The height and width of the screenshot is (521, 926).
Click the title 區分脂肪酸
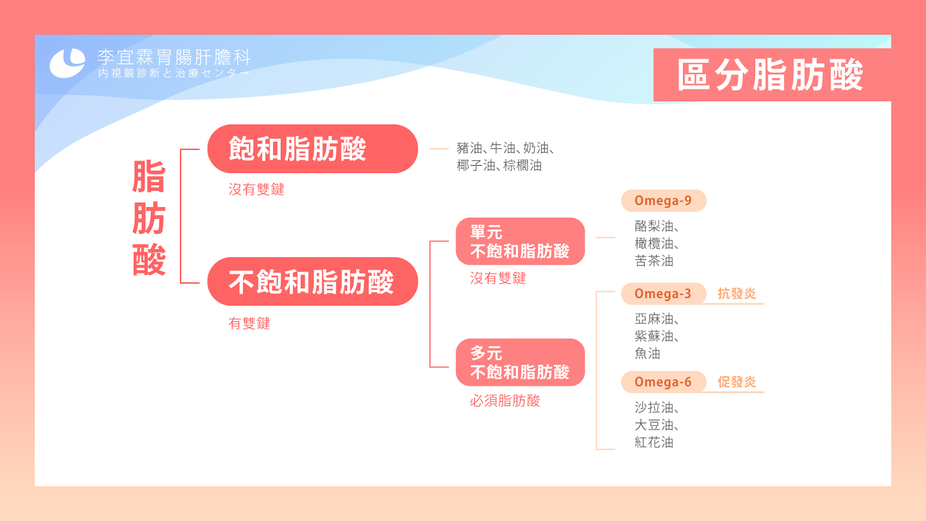[770, 75]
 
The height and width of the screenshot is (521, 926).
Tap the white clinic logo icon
[67, 63]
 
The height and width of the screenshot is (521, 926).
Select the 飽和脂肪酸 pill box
[313, 149]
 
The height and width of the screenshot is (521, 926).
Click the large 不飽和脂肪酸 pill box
[313, 281]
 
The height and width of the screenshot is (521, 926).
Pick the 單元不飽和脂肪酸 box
[520, 241]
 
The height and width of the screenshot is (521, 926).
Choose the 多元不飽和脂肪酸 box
[520, 362]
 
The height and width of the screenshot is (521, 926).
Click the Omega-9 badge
[663, 201]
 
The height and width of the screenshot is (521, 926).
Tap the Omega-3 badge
[663, 293]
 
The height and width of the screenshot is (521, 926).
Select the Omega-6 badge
[663, 381]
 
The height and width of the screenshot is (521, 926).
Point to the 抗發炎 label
[737, 293]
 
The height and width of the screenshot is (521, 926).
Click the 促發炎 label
[737, 381]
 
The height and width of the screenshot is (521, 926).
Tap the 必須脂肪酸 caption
[505, 401]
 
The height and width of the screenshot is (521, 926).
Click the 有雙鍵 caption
[249, 324]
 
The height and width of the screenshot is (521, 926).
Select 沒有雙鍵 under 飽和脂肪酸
[256, 189]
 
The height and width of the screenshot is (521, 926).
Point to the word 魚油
[648, 354]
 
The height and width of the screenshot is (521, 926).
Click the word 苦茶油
[654, 261]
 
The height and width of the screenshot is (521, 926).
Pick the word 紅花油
[654, 442]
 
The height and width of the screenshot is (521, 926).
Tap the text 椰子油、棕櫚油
[499, 166]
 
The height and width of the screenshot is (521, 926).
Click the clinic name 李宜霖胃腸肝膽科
[174, 57]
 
